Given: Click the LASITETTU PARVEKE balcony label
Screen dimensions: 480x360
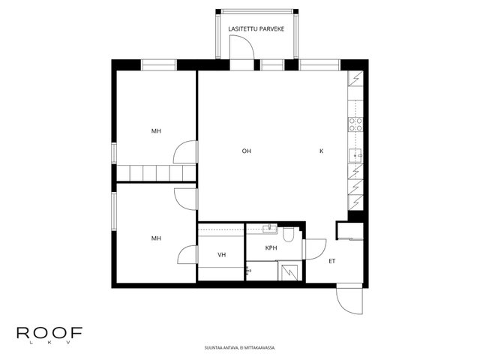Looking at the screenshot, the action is click(x=256, y=29).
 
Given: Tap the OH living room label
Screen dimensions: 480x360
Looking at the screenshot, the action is click(x=247, y=151).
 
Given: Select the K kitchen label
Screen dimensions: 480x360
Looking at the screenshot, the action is click(x=322, y=151).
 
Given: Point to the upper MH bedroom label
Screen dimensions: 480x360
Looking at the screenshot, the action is click(x=156, y=131).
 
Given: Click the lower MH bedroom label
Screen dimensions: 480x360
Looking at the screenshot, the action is click(x=156, y=238).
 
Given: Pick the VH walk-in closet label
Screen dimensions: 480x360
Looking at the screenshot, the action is click(x=222, y=255).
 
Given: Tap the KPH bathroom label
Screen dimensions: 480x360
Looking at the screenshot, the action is click(x=271, y=248).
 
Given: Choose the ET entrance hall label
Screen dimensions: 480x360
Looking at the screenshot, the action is click(x=331, y=261).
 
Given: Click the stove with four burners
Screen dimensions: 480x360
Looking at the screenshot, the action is click(x=355, y=124).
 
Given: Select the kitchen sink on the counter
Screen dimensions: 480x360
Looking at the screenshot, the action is click(x=355, y=156).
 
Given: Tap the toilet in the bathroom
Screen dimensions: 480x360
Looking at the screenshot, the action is click(x=288, y=234).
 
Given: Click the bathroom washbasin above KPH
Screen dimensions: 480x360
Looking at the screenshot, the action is click(x=270, y=229).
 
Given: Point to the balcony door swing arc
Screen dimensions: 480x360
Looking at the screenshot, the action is click(x=247, y=42).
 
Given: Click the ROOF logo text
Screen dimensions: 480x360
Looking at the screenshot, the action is click(x=49, y=333).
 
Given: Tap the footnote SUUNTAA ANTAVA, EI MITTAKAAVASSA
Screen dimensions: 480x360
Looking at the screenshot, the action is click(x=240, y=348).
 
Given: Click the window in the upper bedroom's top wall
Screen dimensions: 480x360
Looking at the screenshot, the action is click(x=158, y=65).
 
